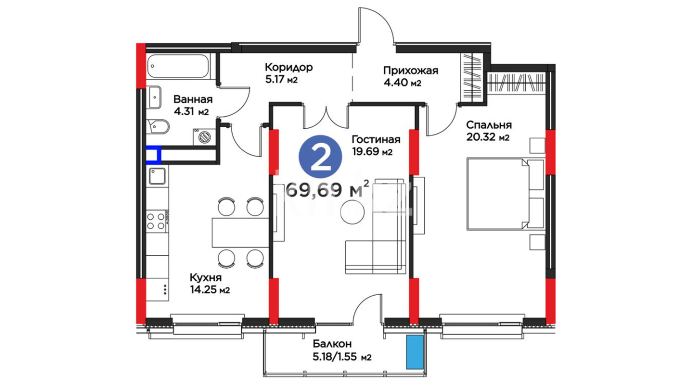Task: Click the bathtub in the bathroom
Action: [x=178, y=66]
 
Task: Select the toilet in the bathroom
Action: [x=158, y=126]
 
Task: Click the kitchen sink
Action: [x=157, y=176]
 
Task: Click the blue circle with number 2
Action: [x=320, y=156]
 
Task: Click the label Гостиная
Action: [x=376, y=139]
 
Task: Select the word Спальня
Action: [x=489, y=125]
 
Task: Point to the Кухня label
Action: [x=206, y=277]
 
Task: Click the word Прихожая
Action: [x=411, y=71]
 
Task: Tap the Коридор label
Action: [x=289, y=67]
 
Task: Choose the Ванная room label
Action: [x=193, y=99]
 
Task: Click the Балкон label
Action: [x=332, y=344]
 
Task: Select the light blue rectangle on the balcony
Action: [x=415, y=352]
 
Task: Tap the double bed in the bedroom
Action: [x=505, y=194]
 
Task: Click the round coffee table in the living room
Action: [x=352, y=212]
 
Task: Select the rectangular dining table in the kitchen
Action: [x=240, y=233]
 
